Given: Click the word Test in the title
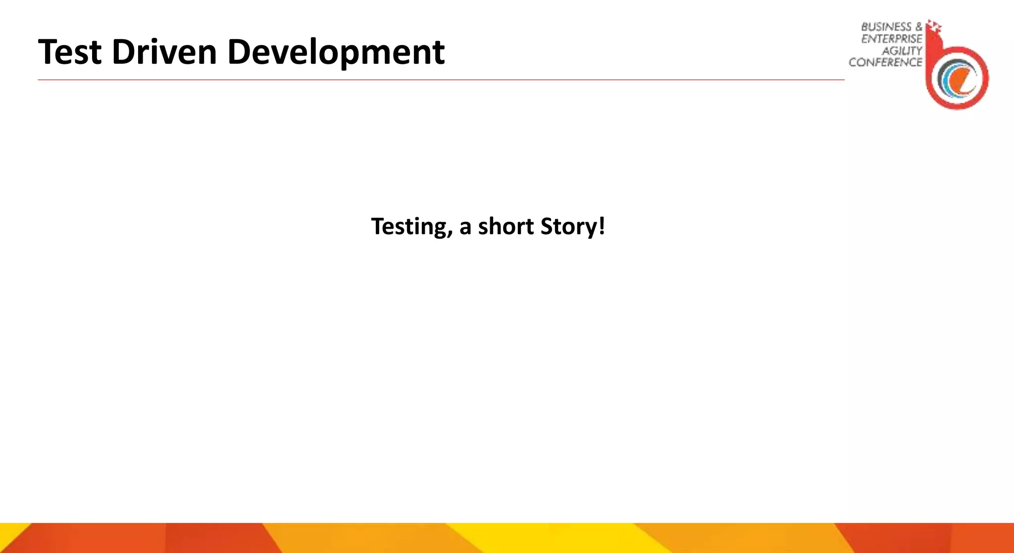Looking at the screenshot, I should point(70,52).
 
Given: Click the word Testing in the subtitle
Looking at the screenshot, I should point(409,227).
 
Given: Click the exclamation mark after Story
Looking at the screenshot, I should point(602,226).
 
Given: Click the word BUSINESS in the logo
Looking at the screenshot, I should point(886,27).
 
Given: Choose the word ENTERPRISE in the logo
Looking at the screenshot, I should point(892,39).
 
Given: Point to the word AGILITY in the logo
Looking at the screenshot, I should point(902,50).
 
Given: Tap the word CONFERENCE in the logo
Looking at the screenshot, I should point(885,62).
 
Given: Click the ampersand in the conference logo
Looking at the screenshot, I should point(919,27).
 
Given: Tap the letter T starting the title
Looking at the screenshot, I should point(49,52).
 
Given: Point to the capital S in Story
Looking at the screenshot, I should point(547,226).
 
